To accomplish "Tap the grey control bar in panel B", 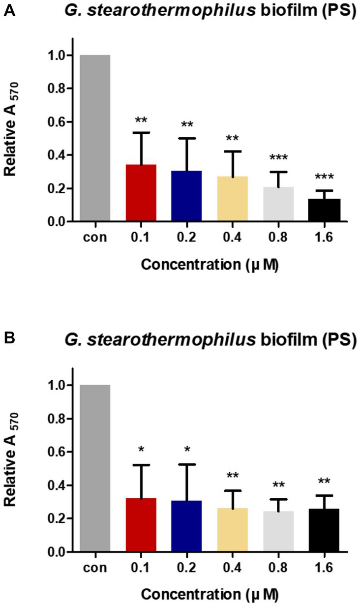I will [95, 468].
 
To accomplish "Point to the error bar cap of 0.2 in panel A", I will [187, 138].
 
